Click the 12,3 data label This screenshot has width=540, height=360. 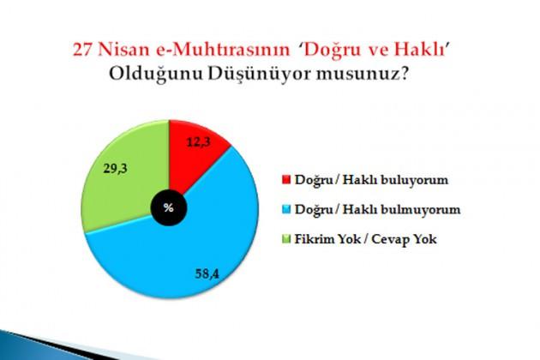pos(199,141)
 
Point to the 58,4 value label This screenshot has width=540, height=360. pos(207,273)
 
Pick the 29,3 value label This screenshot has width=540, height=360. pos(116,169)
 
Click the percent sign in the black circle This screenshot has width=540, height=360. pos(169,207)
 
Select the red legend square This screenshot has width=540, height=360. pos(286,179)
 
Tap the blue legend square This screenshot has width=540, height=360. pos(286,209)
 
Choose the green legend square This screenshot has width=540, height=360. pos(286,239)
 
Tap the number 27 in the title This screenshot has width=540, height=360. pos(82,50)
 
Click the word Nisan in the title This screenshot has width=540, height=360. pos(124,50)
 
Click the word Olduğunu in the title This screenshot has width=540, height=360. pos(156,75)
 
